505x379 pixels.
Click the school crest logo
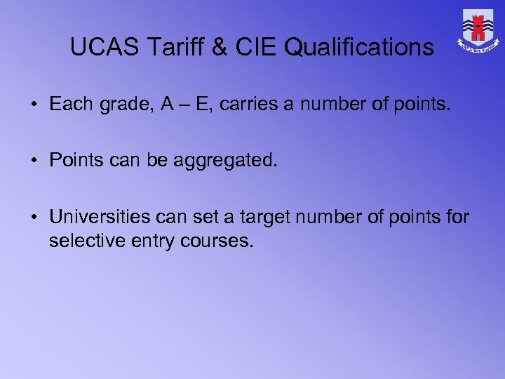(x=479, y=30)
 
